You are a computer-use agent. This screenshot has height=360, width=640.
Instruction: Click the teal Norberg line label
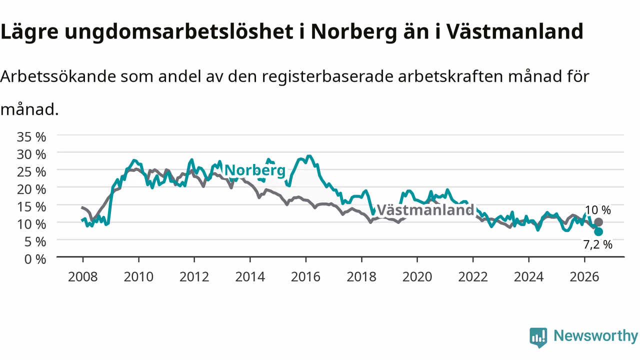click(255, 170)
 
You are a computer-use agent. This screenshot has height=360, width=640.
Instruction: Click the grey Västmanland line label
click(425, 210)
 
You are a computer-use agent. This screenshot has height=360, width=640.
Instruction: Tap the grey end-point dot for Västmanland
click(598, 222)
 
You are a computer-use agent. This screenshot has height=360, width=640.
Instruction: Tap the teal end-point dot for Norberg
click(598, 231)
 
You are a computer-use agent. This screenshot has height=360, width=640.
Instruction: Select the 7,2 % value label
click(597, 244)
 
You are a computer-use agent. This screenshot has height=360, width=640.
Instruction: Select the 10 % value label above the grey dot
click(598, 210)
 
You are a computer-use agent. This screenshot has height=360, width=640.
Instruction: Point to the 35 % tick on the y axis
click(31, 137)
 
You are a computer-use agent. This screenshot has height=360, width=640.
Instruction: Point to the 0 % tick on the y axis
click(35, 259)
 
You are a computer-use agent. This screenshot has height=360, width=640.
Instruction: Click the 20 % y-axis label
click(31, 189)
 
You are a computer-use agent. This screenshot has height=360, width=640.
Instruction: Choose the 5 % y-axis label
click(35, 242)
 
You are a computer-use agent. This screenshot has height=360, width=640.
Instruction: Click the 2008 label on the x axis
click(83, 277)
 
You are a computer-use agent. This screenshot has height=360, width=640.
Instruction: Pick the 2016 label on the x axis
click(305, 277)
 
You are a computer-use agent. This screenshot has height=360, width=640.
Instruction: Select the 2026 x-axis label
click(584, 277)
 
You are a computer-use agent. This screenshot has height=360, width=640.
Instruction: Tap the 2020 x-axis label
click(417, 277)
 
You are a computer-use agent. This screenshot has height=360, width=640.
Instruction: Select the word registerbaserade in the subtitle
click(327, 77)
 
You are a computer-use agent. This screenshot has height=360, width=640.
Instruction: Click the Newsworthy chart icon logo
click(538, 337)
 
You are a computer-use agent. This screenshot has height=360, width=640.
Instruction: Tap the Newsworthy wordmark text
click(595, 336)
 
